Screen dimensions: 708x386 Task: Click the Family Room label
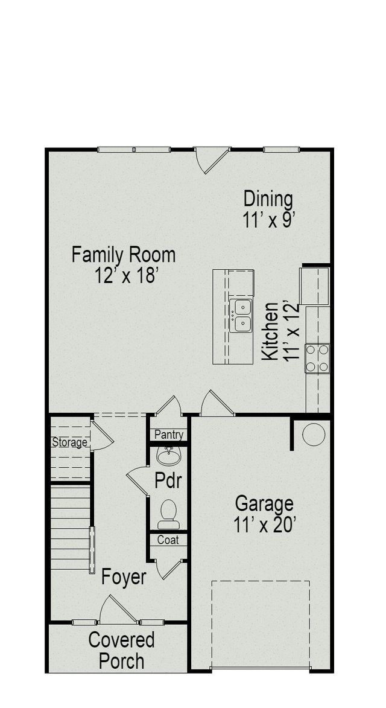click(x=124, y=255)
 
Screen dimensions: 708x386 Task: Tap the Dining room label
click(x=268, y=199)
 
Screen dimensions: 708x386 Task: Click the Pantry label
click(x=169, y=435)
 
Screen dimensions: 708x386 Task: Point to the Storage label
click(x=69, y=442)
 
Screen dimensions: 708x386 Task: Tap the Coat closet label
click(x=168, y=540)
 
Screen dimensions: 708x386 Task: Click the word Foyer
click(x=124, y=577)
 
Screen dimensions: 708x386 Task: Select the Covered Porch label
click(x=121, y=650)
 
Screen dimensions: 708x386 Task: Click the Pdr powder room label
click(x=168, y=482)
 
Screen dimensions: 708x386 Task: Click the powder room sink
click(x=168, y=453)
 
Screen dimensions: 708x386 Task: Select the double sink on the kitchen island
click(x=241, y=316)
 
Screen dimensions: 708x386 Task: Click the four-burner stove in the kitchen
click(x=317, y=358)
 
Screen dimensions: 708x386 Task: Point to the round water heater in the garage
click(x=314, y=434)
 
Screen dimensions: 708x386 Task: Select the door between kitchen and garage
click(x=216, y=404)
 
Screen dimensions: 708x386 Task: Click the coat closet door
click(x=168, y=569)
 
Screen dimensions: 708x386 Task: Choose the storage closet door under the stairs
click(x=100, y=436)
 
